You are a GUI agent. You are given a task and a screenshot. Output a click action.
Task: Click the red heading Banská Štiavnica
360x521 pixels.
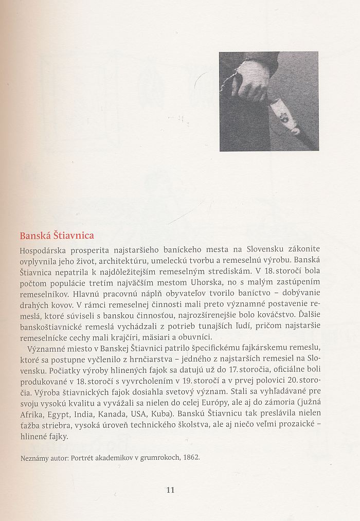point(57,236)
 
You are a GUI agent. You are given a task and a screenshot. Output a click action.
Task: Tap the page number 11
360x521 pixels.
point(171,490)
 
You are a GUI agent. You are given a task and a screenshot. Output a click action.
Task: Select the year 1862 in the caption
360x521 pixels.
point(190,457)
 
